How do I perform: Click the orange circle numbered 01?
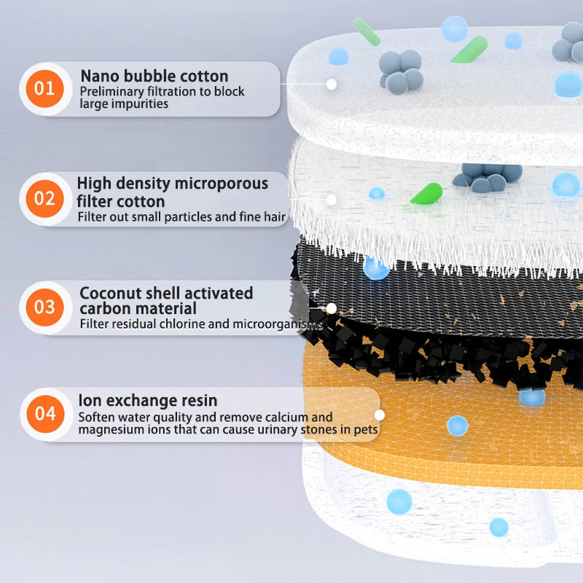(x=44, y=88)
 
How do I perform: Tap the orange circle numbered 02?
(x=44, y=198)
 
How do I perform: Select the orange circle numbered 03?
(x=44, y=308)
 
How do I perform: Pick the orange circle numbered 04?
(x=45, y=414)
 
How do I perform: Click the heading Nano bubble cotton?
(x=154, y=77)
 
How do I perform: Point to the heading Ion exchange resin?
(x=148, y=400)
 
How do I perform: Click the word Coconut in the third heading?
(x=110, y=294)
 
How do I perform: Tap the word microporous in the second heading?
(x=222, y=184)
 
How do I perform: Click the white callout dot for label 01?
(x=332, y=85)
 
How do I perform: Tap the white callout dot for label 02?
(x=332, y=200)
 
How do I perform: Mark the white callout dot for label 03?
(x=332, y=308)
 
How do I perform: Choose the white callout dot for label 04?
(x=380, y=415)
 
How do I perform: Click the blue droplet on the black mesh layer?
(x=376, y=267)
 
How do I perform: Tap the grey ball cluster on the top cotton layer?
(x=401, y=71)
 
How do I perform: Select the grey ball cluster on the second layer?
(x=487, y=177)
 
